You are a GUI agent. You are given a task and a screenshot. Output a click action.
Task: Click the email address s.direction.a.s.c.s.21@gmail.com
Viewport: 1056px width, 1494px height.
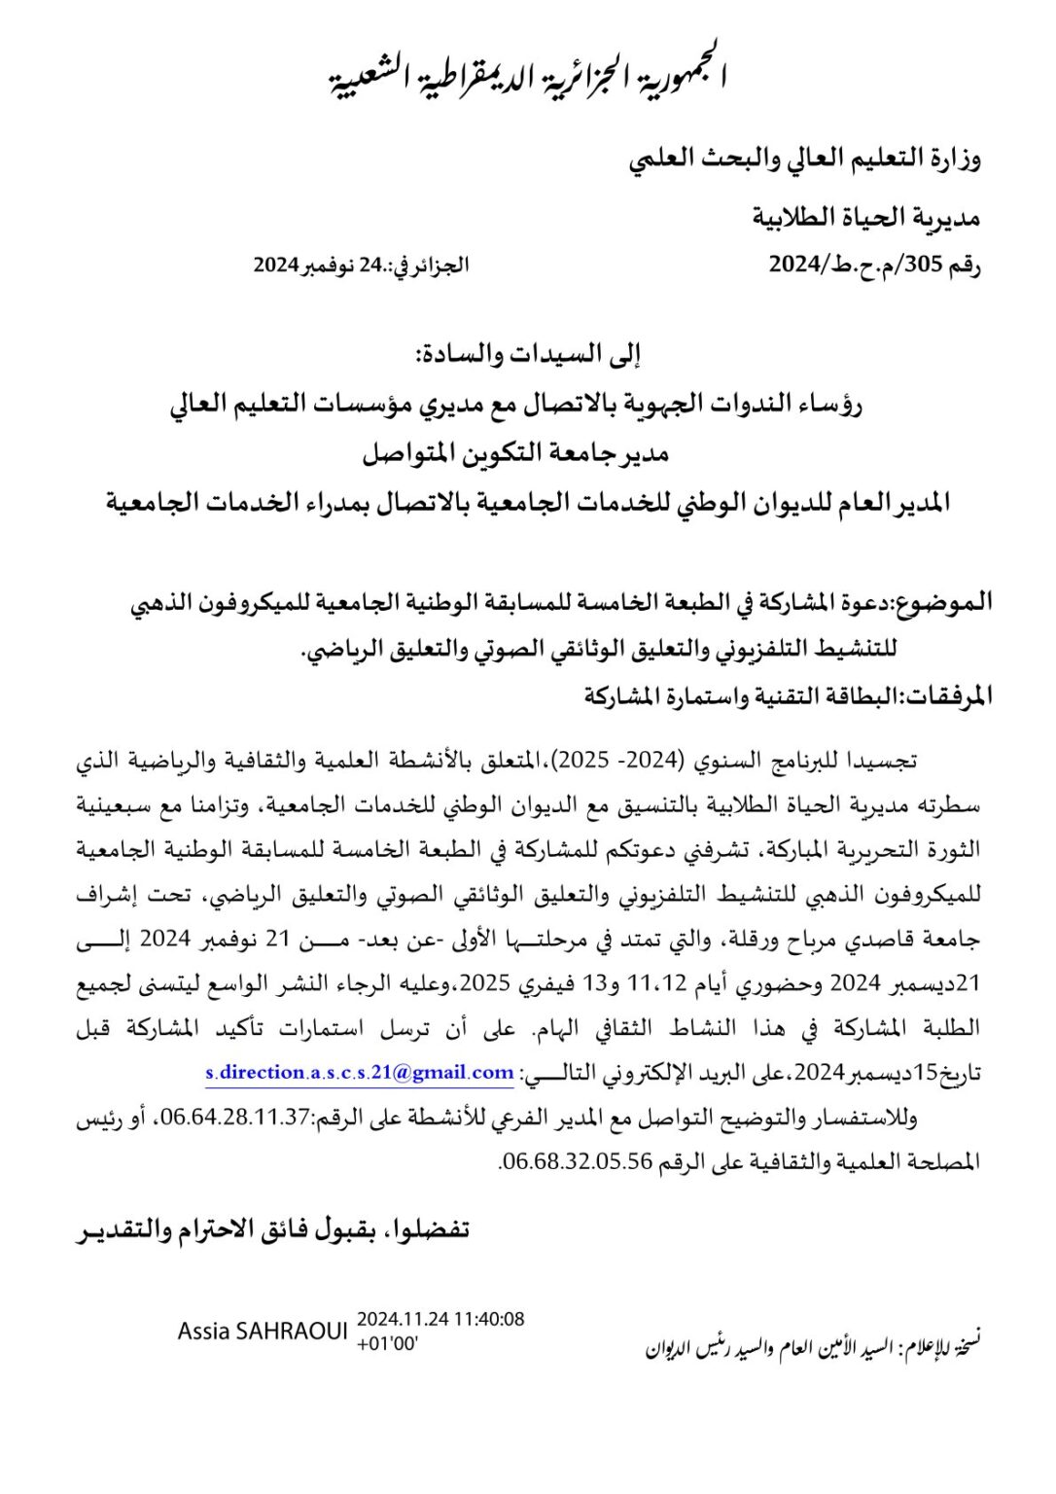click(359, 1072)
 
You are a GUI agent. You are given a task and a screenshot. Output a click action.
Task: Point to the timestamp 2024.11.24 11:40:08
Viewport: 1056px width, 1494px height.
click(440, 1320)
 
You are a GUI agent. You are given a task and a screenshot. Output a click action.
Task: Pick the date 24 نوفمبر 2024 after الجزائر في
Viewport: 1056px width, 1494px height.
click(322, 266)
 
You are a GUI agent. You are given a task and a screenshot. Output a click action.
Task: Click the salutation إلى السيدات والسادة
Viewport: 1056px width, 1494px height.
click(529, 356)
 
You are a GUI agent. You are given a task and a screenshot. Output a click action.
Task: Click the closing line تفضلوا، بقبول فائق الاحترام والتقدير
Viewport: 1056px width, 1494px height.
click(272, 1230)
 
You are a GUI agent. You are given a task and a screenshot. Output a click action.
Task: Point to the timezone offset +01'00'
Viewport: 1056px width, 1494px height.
click(388, 1344)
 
